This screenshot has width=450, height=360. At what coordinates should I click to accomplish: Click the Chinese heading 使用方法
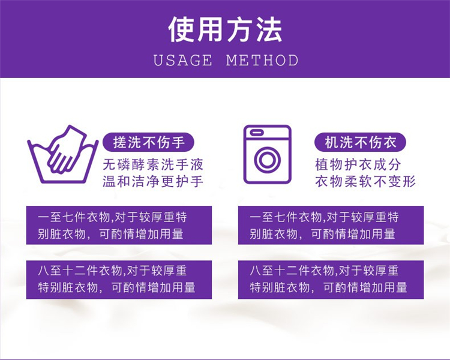click(x=225, y=29)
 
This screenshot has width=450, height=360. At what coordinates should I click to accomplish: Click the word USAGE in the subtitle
click(x=183, y=60)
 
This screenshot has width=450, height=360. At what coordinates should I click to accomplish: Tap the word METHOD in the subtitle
click(x=262, y=60)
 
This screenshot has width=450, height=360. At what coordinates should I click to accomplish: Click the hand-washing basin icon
click(x=62, y=154)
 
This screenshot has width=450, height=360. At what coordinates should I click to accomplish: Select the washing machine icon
click(x=267, y=154)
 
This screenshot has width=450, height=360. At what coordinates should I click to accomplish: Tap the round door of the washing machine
click(x=267, y=160)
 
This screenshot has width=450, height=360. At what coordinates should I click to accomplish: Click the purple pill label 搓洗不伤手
click(x=149, y=142)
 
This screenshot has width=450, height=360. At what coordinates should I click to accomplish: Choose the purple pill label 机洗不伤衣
click(x=361, y=142)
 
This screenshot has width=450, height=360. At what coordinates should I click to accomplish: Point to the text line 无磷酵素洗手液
click(x=153, y=164)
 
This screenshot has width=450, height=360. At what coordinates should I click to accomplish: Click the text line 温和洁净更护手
click(x=153, y=181)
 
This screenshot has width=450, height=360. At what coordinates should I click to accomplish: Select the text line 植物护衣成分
click(x=358, y=164)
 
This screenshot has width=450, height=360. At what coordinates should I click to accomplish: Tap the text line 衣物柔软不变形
click(x=365, y=181)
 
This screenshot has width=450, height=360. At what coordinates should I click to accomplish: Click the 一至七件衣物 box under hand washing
click(x=119, y=225)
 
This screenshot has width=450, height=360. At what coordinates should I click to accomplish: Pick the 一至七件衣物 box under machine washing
click(x=331, y=225)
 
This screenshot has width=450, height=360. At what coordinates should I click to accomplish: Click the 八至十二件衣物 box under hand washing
click(x=119, y=280)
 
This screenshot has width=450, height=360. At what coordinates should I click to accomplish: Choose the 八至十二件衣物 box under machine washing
click(x=331, y=280)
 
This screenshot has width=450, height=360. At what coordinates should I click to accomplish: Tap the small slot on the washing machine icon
click(x=257, y=133)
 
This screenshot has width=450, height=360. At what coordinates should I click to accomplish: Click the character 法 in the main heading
click(x=269, y=29)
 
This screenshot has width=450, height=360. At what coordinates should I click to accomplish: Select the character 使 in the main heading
click(x=181, y=29)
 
